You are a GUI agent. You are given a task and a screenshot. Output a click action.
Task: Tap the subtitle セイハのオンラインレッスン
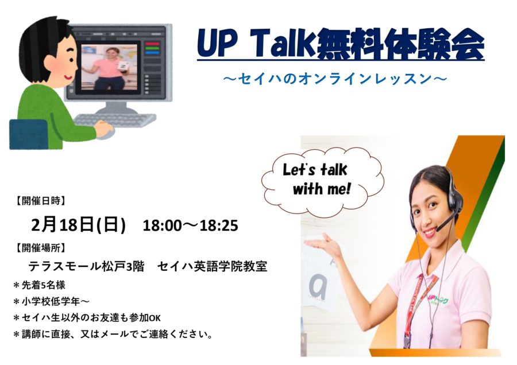(x=335, y=79)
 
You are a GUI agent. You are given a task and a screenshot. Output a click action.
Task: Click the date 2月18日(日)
(x=79, y=225)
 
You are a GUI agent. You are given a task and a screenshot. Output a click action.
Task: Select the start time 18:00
(x=162, y=226)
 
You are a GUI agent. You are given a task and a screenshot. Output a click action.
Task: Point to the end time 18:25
(x=219, y=226)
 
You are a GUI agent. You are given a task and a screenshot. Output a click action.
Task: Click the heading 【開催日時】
(x=41, y=201)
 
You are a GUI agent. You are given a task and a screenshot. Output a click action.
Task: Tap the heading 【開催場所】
(x=41, y=248)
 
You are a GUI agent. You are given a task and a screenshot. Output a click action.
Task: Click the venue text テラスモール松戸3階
(x=86, y=266)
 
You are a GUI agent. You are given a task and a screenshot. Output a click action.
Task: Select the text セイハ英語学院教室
(x=212, y=266)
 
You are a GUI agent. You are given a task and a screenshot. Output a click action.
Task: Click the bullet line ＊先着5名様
(x=39, y=285)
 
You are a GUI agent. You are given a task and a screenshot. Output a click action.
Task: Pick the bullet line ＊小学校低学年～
(x=51, y=301)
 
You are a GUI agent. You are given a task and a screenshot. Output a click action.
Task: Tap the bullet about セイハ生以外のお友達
(x=87, y=317)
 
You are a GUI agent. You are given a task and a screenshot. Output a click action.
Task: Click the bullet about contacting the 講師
(x=113, y=335)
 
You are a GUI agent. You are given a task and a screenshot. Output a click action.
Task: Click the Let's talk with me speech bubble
(x=322, y=181)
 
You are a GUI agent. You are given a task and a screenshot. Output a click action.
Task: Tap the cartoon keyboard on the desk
(x=114, y=119)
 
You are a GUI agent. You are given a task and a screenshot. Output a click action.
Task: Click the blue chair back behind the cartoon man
(x=29, y=134)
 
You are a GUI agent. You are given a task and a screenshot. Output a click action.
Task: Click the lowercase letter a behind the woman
(x=318, y=286)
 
